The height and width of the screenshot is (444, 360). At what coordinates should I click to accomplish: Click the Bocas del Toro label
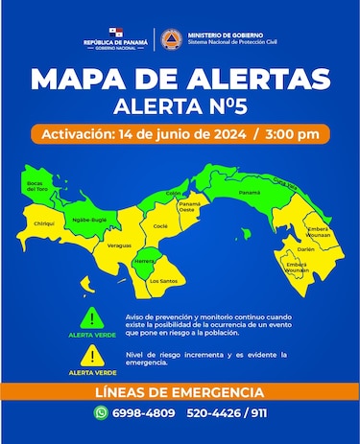(37, 187)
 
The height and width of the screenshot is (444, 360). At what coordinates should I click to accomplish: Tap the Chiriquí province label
(42, 222)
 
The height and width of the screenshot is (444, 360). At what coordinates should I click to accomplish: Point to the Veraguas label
(119, 246)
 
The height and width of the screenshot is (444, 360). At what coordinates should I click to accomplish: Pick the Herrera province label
(144, 261)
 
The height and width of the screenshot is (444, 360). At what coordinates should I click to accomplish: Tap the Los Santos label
(162, 281)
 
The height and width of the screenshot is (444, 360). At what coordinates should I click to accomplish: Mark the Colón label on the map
(174, 193)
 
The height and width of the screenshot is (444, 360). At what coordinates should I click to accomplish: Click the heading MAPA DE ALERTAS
(180, 79)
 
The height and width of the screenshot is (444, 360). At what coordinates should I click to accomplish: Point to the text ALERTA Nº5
(180, 105)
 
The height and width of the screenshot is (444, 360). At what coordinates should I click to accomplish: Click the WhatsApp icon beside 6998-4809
(101, 412)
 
